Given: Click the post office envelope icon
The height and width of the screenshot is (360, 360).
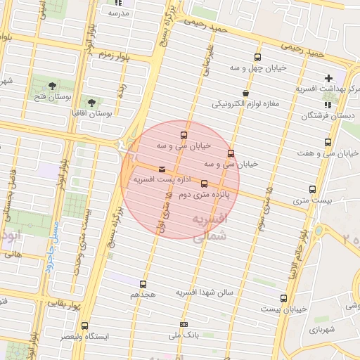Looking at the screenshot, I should [163, 169].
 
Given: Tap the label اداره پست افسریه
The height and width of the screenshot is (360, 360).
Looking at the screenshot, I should [164, 180].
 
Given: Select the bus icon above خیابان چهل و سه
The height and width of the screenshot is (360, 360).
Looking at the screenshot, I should [257, 58].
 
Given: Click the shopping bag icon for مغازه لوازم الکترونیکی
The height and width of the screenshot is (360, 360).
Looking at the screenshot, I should [245, 93].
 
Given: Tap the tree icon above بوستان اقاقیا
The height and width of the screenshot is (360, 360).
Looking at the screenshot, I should [91, 102].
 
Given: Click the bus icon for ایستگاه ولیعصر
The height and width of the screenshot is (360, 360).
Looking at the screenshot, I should [85, 326].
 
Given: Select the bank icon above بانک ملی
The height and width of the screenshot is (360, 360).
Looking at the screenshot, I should [184, 325].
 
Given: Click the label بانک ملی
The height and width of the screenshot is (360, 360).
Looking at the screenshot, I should [184, 336].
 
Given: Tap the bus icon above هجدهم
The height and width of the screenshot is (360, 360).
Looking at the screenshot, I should [144, 285].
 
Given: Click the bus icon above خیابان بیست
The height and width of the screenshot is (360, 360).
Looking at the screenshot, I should [283, 298].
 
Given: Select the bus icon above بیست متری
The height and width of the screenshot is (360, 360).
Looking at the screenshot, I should [313, 189].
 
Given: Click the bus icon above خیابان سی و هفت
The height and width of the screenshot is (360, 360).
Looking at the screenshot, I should [328, 143].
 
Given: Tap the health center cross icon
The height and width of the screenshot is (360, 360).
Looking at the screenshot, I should [328, 78].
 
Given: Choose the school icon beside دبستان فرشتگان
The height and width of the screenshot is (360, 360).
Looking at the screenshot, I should [328, 104].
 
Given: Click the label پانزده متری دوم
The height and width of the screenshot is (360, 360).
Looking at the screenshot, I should [205, 194].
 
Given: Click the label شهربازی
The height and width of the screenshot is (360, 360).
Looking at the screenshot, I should [323, 329].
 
